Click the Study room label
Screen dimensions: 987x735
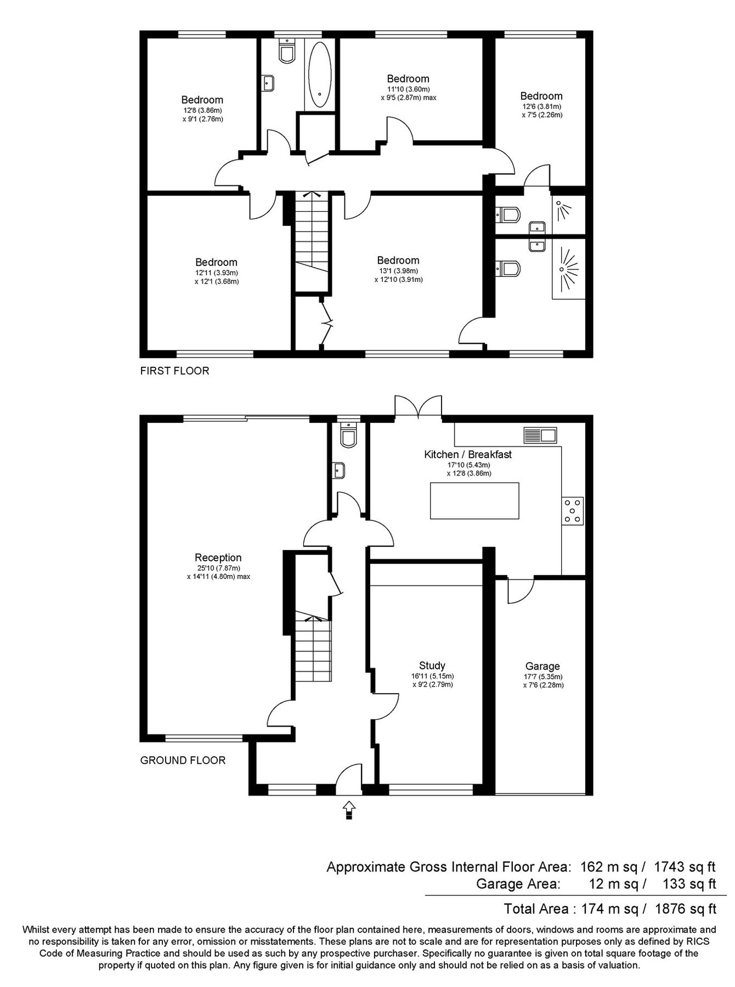(x=432, y=666)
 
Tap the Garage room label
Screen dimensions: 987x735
(x=542, y=666)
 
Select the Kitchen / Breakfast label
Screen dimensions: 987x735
(x=468, y=454)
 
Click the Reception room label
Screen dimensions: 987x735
(x=218, y=558)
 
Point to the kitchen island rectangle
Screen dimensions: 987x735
(x=474, y=501)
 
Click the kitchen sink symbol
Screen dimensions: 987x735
(x=540, y=435)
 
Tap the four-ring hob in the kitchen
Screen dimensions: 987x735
(x=572, y=510)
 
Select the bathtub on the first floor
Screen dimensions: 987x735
(x=319, y=75)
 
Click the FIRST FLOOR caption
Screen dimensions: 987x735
(x=174, y=371)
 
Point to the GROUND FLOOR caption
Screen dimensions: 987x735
(x=183, y=760)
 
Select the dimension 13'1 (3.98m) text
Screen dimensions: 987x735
(x=398, y=271)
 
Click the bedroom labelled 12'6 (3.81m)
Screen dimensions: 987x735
(x=541, y=97)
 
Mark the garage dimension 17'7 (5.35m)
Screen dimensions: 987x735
(x=542, y=677)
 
